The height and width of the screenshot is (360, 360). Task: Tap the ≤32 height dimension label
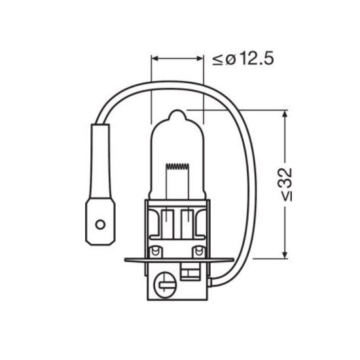pyautogui.click(x=287, y=185)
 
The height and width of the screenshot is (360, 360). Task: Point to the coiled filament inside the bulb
pyautogui.click(x=177, y=166)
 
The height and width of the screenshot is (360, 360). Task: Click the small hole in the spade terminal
pyautogui.click(x=100, y=225)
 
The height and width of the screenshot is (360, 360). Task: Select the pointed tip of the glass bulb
pyautogui.click(x=177, y=111)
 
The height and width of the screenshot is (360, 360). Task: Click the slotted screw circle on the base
pyautogui.click(x=166, y=285)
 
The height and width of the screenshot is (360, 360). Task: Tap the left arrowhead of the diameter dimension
pyautogui.click(x=155, y=58)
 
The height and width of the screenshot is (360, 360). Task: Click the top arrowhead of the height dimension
pyautogui.click(x=285, y=114)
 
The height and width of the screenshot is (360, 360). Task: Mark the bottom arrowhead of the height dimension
pyautogui.click(x=285, y=255)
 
